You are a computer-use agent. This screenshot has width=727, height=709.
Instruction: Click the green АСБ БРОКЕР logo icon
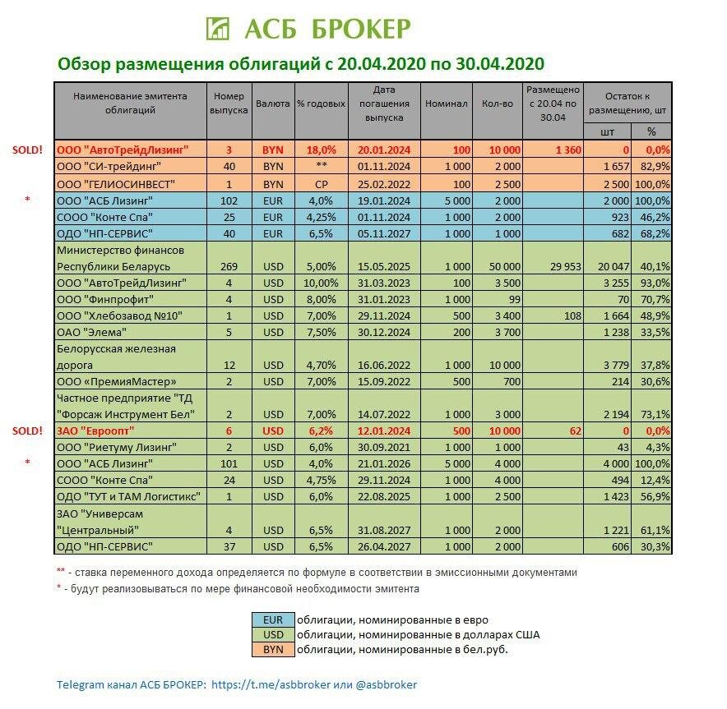pos(218,27)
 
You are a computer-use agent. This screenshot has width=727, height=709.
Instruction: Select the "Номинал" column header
pos(446,104)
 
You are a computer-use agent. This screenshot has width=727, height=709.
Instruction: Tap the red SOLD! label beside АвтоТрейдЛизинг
pos(27,150)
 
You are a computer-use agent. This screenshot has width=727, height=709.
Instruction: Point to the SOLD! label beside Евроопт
pos(27,430)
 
